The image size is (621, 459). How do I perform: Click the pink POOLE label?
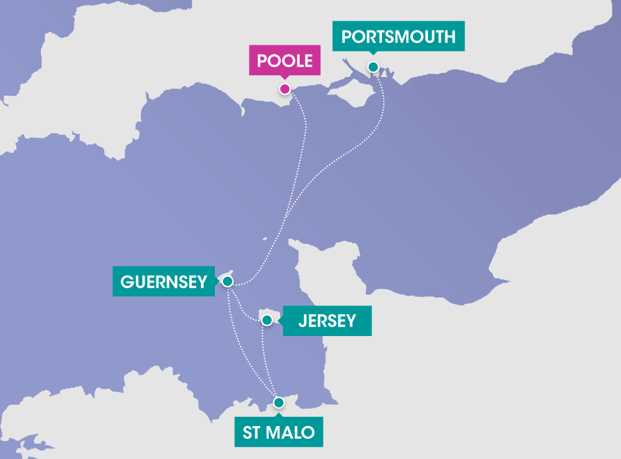coord(285,61)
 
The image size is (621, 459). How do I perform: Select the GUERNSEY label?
coord(163,281)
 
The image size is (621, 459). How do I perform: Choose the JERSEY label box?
coord(327,320)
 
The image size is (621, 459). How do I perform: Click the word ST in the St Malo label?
coord(252,432)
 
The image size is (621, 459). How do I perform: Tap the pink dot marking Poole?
coord(284,89)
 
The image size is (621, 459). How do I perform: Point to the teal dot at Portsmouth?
coord(373,67)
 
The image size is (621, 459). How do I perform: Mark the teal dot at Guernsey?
coord(227,281)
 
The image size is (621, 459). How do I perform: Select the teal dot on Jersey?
coord(266,320)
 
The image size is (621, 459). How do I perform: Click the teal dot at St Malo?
coord(279,402)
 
